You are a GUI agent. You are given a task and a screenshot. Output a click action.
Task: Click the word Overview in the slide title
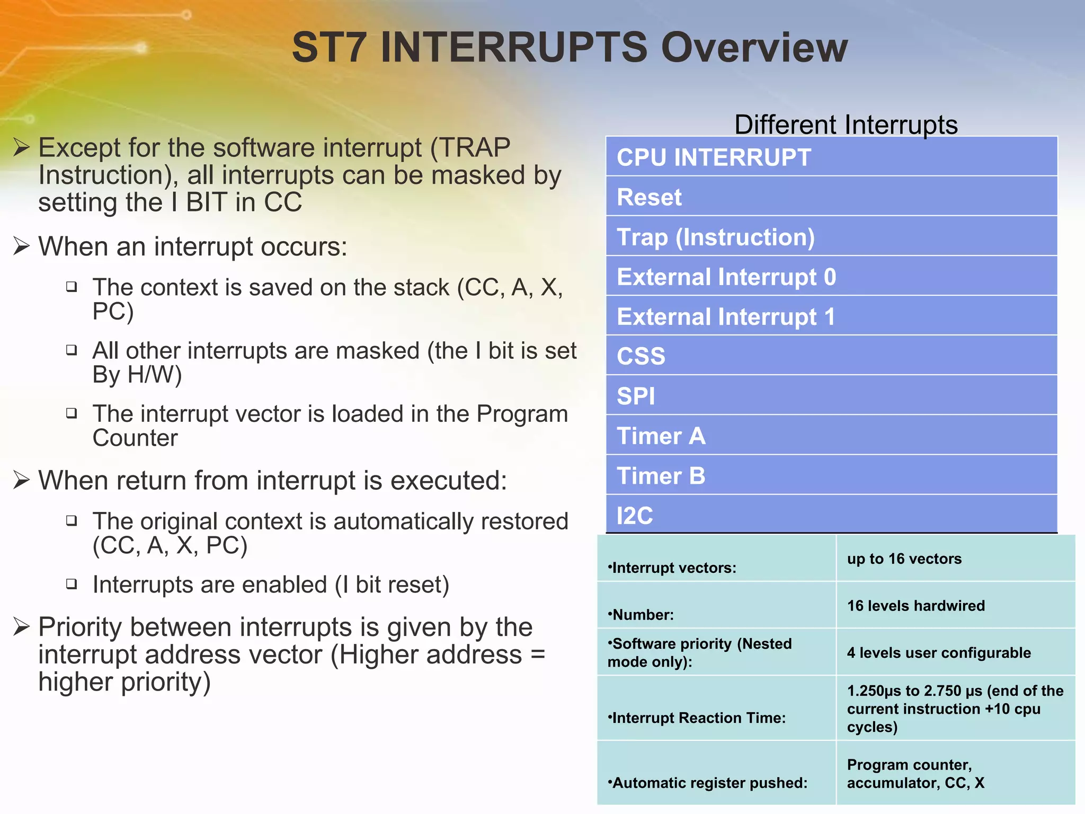coord(754,48)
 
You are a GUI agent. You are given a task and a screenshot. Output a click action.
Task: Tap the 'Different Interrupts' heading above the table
coord(846,125)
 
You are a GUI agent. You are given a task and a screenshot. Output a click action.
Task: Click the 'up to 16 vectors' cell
coord(904,559)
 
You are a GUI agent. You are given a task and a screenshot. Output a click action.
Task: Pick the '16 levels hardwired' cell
coord(915,605)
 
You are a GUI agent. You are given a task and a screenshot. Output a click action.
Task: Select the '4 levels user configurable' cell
coord(939,652)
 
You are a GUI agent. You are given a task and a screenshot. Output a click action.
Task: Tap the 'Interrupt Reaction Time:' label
coord(697,718)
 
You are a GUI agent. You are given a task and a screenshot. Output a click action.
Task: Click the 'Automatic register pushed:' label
coord(708,783)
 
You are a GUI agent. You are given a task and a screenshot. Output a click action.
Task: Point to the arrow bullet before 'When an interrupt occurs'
coord(21,246)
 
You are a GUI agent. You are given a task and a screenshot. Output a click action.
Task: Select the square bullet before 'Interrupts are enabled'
coord(72,584)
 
